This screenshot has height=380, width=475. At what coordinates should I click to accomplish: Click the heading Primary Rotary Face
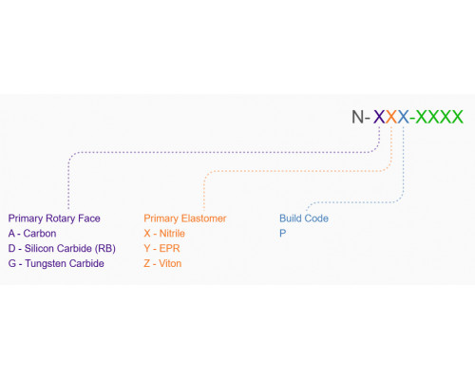point(54,218)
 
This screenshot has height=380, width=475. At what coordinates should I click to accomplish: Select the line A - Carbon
point(32,234)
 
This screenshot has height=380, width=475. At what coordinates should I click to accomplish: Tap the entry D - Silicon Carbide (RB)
point(62,249)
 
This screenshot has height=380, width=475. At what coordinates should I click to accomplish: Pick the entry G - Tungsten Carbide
point(56,263)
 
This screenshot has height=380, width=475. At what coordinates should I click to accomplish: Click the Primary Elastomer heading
point(185,218)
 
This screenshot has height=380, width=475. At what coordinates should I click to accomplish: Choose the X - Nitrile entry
point(164,234)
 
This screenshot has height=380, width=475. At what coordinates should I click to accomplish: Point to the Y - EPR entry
point(161,249)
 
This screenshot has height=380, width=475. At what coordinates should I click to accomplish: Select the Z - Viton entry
point(162,263)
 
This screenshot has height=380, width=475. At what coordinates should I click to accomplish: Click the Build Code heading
point(304,218)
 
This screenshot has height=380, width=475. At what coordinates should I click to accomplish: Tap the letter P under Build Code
point(283,234)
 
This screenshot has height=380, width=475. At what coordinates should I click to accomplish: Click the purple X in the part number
point(379,117)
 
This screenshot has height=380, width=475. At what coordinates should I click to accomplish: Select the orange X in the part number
point(391,117)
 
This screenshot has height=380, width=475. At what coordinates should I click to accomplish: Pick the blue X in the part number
point(404,117)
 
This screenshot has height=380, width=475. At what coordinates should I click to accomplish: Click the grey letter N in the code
point(358,117)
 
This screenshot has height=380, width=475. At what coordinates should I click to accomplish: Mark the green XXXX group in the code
point(440,117)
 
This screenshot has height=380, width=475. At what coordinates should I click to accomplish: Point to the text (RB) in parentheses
point(105,249)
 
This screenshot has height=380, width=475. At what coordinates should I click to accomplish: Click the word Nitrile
point(172,234)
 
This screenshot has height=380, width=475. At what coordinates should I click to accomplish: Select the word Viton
point(170,263)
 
